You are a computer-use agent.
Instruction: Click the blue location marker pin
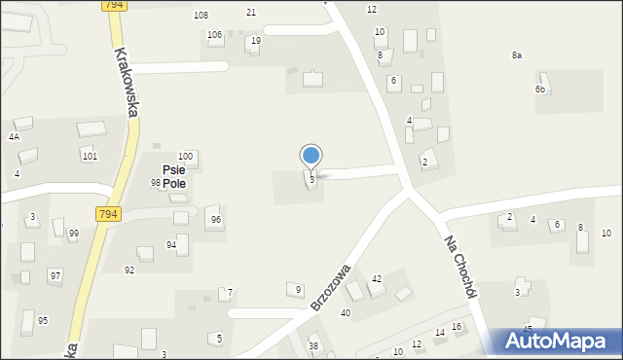[311, 156]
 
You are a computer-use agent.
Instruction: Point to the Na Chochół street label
[464, 268]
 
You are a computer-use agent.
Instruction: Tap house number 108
[202, 16]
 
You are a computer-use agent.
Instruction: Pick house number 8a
[517, 55]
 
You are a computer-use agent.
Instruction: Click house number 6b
[539, 90]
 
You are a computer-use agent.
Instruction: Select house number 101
[89, 156]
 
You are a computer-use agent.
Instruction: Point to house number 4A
[14, 137]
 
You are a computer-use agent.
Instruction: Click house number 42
[377, 279]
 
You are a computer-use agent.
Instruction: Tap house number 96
[216, 220]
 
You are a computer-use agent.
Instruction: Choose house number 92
[129, 270]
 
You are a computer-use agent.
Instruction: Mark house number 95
[43, 320]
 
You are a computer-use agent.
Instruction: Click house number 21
[251, 12]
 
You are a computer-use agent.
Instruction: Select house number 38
[313, 346]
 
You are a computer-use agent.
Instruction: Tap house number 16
[456, 327]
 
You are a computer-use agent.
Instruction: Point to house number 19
[256, 41]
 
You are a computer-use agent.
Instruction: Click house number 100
[185, 157]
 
